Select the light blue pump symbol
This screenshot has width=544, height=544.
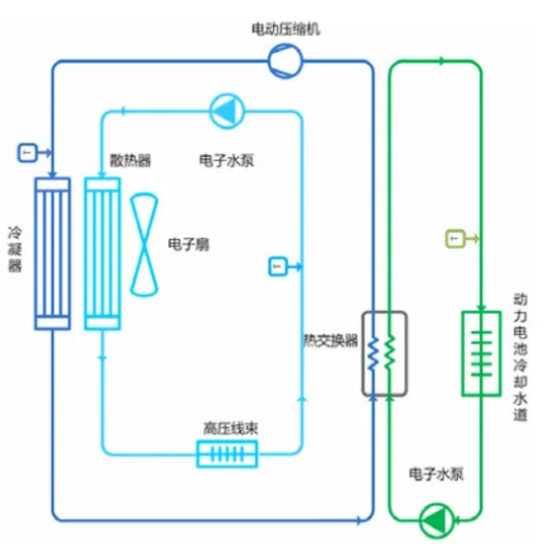pos(227,112)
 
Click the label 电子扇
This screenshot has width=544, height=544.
pos(188,245)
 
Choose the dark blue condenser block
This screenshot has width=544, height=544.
pos(52,253)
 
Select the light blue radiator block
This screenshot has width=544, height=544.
pos(102,253)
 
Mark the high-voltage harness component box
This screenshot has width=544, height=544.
pos(227,454)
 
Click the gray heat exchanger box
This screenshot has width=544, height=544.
pos(384,353)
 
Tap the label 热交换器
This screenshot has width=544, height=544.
pos(330,340)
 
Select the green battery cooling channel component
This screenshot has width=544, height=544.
pos(481,353)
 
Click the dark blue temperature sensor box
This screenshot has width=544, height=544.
pos(26,152)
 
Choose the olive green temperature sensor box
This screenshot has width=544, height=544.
pos(454,240)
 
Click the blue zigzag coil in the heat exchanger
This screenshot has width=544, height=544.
pos(373,353)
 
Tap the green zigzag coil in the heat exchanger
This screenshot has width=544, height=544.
pos(390,353)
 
